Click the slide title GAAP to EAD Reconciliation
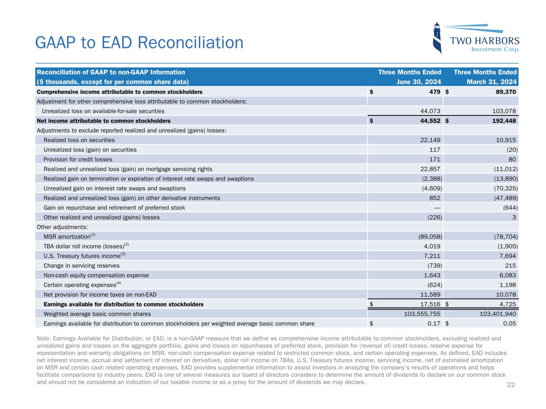139,43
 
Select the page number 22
511,385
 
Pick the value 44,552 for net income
428,121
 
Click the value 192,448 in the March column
502,121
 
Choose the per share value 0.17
434,324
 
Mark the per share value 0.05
510,324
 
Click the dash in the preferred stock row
437,208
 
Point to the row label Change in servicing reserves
81,266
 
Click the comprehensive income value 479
435,92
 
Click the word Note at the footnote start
43,338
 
